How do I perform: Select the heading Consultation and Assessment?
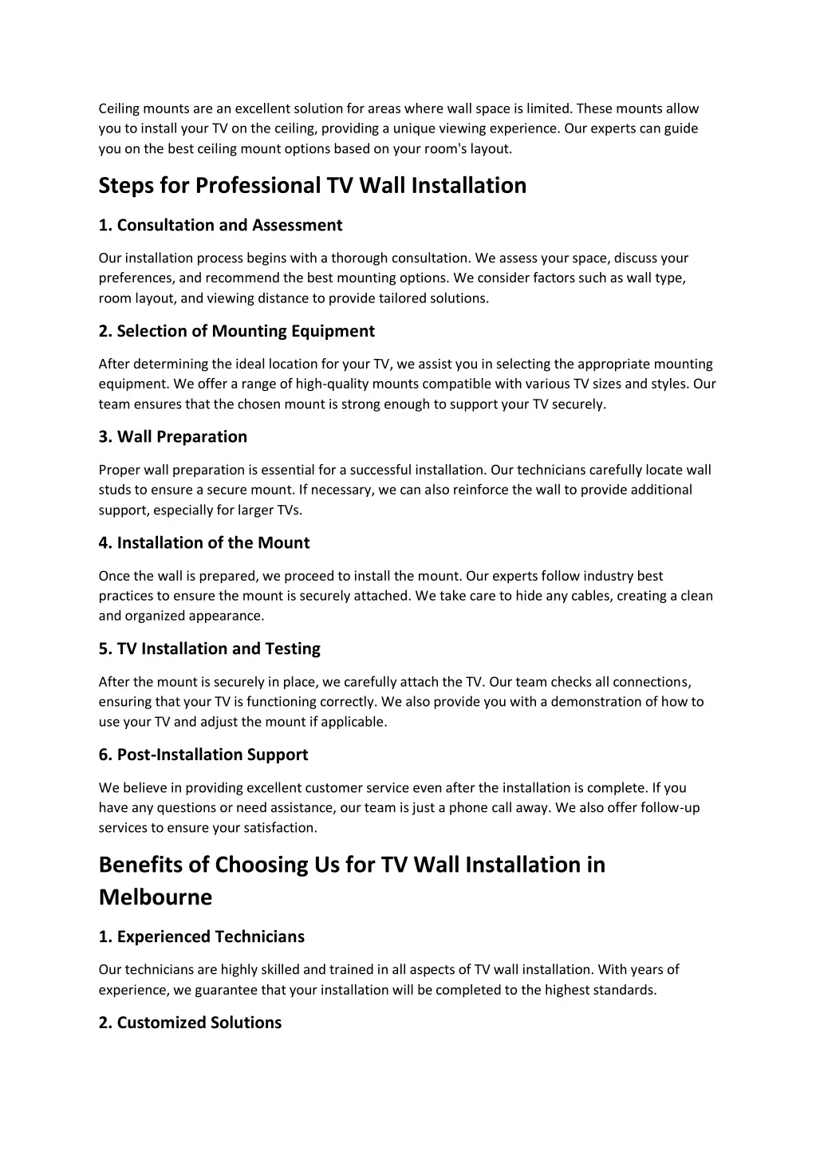click(x=229, y=226)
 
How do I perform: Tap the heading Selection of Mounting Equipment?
click(x=245, y=331)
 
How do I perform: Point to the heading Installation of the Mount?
click(x=213, y=543)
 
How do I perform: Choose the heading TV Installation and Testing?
click(x=219, y=649)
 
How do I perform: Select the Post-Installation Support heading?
click(x=212, y=755)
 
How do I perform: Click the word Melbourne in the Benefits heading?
click(x=156, y=898)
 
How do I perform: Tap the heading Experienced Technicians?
click(x=211, y=936)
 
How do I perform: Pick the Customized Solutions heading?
click(x=199, y=1023)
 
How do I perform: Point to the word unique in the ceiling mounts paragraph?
click(x=416, y=128)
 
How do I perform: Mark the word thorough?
click(x=360, y=258)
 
